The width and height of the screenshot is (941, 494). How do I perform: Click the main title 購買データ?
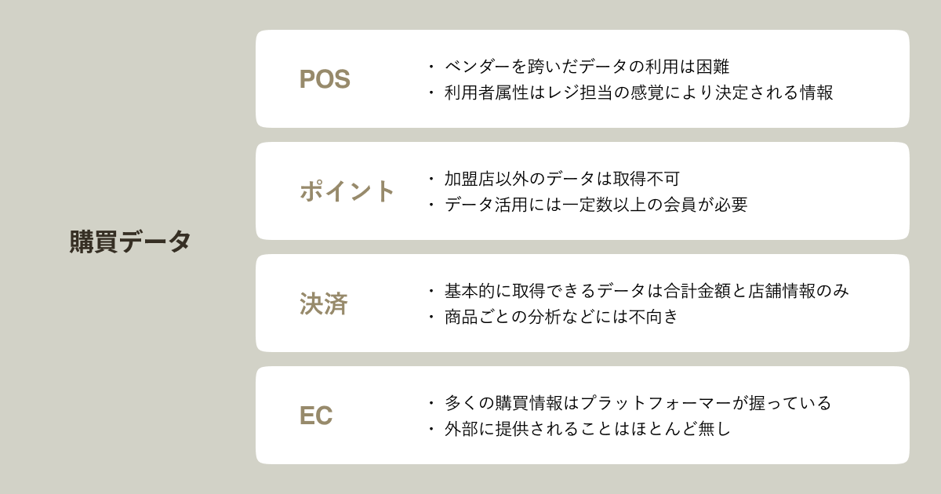tap(130, 242)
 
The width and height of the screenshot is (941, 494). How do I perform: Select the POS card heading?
tap(325, 79)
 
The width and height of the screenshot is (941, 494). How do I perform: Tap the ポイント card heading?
tap(347, 191)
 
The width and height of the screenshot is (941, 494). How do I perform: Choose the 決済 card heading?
tap(323, 303)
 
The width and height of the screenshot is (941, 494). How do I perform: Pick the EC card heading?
tap(316, 416)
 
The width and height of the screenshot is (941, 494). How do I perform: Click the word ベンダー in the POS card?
tap(474, 67)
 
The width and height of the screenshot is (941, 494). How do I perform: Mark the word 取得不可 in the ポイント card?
tap(643, 179)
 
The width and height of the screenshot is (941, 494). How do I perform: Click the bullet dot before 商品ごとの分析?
tap(431, 317)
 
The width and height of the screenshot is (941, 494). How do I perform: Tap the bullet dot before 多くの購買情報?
tap(431, 403)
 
